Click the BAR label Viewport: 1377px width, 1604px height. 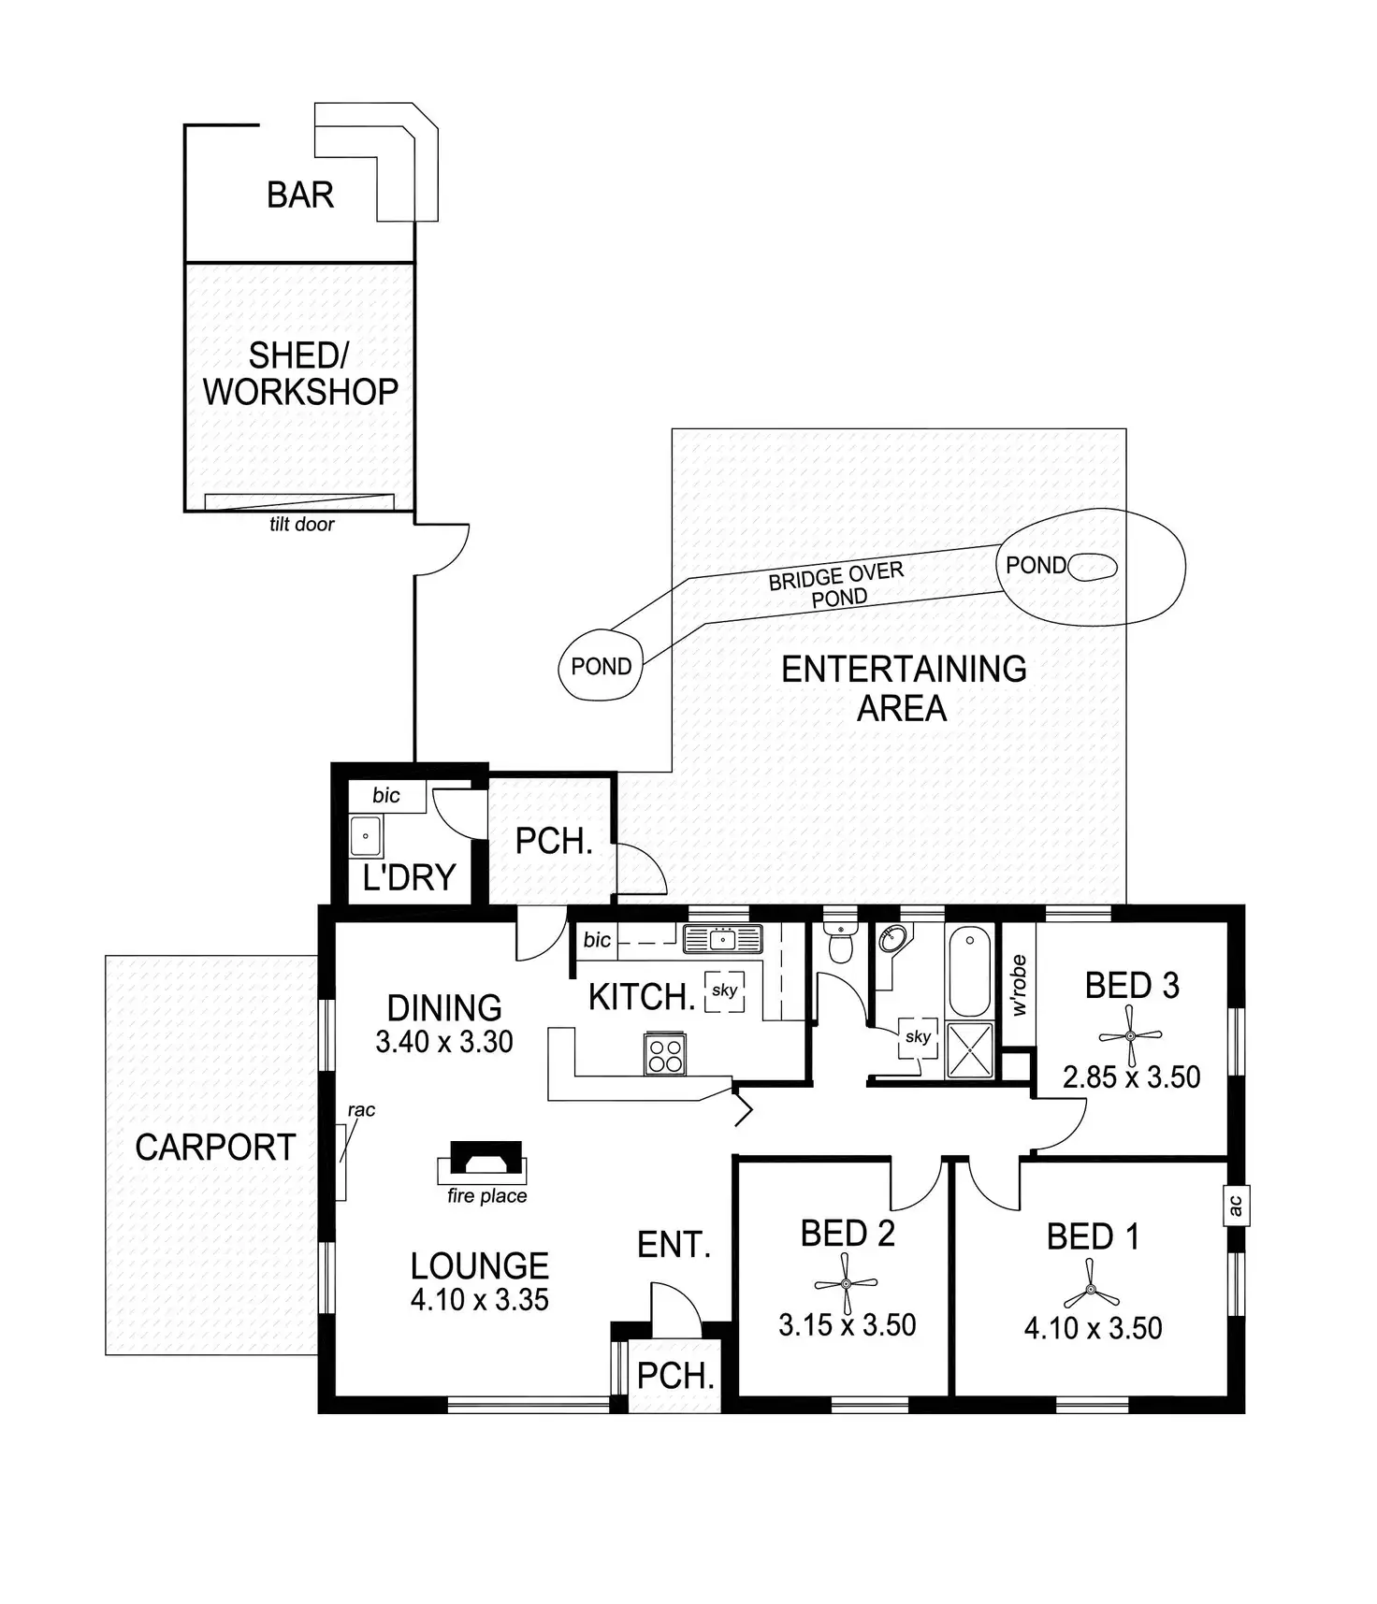click(x=299, y=195)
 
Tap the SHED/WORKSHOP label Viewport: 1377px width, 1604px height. click(x=299, y=373)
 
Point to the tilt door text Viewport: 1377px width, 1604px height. click(x=301, y=525)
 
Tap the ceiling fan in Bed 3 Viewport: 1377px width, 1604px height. click(x=1130, y=1036)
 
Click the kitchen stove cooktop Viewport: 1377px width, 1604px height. click(x=665, y=1054)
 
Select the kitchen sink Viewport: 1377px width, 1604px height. click(x=722, y=938)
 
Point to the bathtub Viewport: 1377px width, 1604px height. click(x=969, y=970)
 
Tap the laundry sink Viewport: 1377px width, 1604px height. click(x=366, y=836)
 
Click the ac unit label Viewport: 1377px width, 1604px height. click(x=1235, y=1205)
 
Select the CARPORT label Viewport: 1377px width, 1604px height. click(x=215, y=1148)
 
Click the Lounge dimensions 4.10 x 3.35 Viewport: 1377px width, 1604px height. click(x=479, y=1299)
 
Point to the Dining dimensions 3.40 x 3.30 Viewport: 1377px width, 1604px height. click(x=444, y=1041)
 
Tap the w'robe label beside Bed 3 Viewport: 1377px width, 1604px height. click(x=1019, y=985)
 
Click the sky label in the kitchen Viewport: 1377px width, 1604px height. click(x=724, y=990)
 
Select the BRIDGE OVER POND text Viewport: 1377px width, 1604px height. click(x=837, y=585)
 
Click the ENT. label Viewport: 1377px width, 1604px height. click(x=674, y=1244)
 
